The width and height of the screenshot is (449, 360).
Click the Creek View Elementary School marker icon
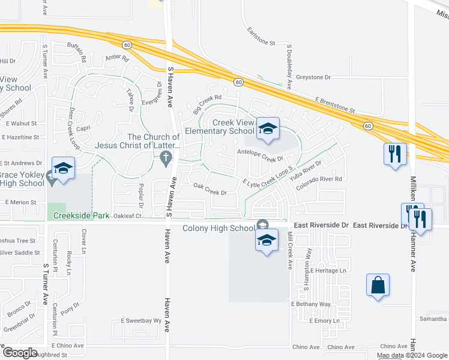click(x=268, y=128)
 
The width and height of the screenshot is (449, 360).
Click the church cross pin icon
click(x=166, y=157)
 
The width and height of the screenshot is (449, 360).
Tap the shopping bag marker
click(x=378, y=285)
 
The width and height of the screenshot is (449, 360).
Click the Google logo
click(x=20, y=353)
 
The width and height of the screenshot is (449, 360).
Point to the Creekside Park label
click(x=81, y=215)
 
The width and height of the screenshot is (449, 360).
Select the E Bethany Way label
click(x=311, y=304)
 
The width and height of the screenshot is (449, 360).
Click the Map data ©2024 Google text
click(x=411, y=355)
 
